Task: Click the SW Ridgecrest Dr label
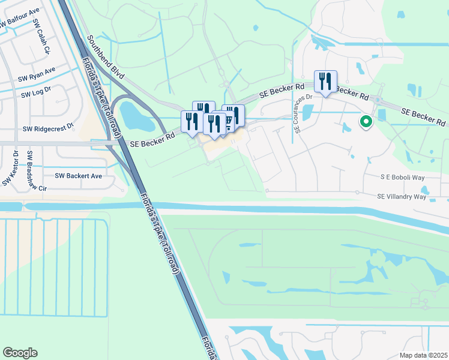pos(47,128)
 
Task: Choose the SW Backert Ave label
pos(78,176)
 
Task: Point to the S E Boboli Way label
pos(403,178)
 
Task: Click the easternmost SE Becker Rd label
pos(424,117)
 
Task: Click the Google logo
pos(20,353)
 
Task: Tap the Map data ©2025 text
pos(423,355)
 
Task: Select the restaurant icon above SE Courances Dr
pos(325,82)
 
